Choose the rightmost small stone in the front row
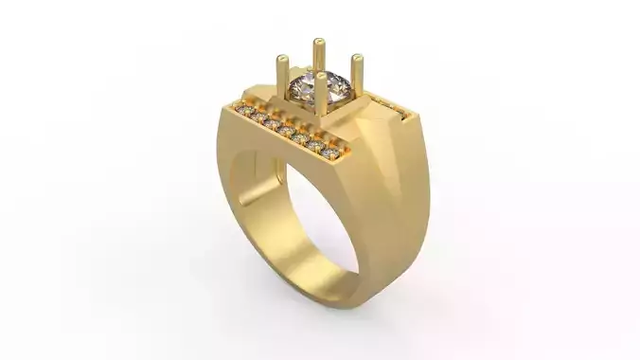pyautogui.click(x=329, y=153)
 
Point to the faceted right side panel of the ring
pyautogui.click(x=398, y=199)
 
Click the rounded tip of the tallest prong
pyautogui.click(x=319, y=42)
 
